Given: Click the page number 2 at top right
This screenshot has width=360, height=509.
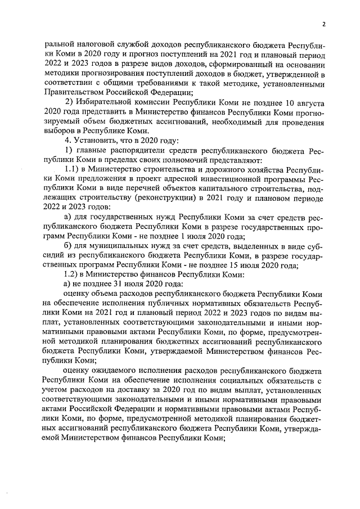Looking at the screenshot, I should coord(325,24).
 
